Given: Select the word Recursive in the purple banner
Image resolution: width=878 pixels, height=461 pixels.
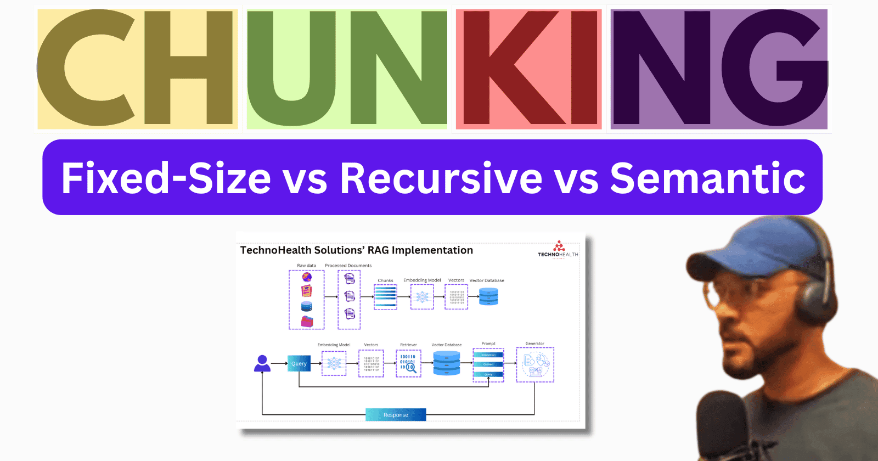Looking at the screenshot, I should (x=441, y=178).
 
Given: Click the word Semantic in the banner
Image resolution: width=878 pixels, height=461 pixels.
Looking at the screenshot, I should (x=707, y=178).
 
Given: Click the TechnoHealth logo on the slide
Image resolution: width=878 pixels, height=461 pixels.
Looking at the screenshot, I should (x=558, y=249).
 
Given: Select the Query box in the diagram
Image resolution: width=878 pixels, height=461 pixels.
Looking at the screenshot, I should (x=299, y=363).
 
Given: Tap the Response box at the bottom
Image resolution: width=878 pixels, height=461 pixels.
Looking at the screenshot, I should (x=396, y=415).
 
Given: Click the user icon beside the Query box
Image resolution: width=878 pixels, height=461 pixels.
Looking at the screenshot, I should (x=262, y=363).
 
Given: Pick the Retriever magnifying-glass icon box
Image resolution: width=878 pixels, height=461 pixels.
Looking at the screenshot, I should (x=408, y=363).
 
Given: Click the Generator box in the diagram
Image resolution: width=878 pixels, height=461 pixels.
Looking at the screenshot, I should (x=535, y=364).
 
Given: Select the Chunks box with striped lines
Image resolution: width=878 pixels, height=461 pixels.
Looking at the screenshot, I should (x=385, y=297).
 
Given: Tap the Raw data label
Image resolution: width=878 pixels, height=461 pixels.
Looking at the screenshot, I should (x=306, y=266).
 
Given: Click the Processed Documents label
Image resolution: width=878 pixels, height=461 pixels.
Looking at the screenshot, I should (x=348, y=266).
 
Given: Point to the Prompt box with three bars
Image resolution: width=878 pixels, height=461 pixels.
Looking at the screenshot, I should (x=488, y=364).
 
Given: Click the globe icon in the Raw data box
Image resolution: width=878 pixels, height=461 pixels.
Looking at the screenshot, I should (x=307, y=277).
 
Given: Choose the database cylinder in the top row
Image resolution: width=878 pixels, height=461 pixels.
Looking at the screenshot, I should (x=488, y=297).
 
